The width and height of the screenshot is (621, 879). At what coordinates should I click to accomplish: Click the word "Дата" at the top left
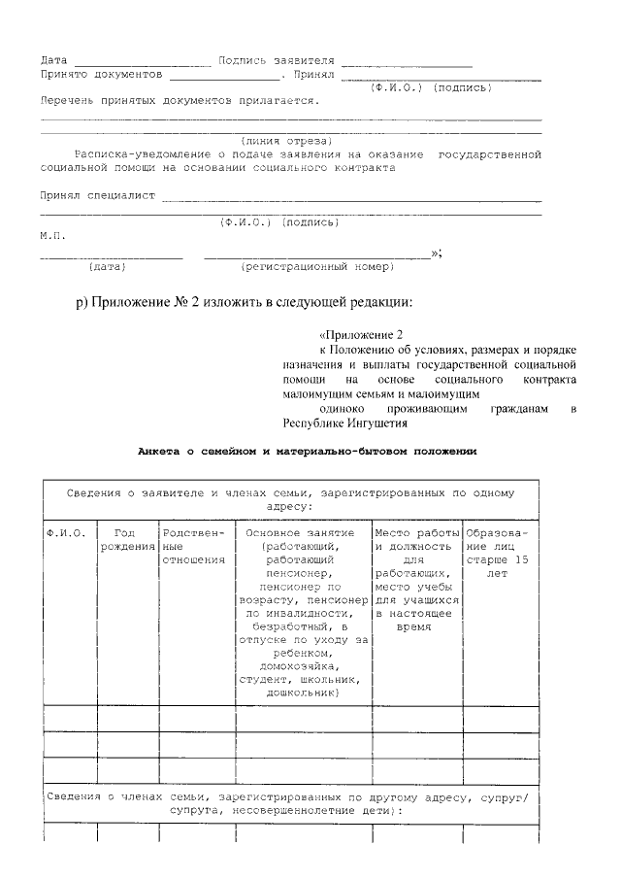(53, 60)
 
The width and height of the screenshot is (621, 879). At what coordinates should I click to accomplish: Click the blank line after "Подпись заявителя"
(407, 61)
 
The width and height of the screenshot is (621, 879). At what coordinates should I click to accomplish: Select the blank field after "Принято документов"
(223, 74)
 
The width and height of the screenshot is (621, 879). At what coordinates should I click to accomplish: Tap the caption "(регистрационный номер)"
(316, 266)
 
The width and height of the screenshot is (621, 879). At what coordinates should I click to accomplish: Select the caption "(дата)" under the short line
(107, 266)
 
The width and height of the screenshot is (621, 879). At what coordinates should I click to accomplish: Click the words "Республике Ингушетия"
(345, 423)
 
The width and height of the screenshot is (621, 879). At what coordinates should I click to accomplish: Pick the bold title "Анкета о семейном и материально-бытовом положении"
(307, 453)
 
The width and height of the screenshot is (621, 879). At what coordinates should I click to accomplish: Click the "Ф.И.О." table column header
(66, 534)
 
